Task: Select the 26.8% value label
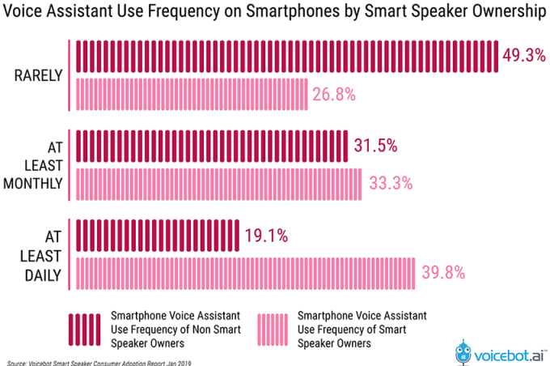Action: coord(335,95)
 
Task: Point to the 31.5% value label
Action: coord(375,146)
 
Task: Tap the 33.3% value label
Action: coord(388,184)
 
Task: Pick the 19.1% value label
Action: coord(267,236)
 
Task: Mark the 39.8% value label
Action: coord(443,273)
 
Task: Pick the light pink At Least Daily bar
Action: coord(246,273)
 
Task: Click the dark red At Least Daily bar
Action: coord(158,236)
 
